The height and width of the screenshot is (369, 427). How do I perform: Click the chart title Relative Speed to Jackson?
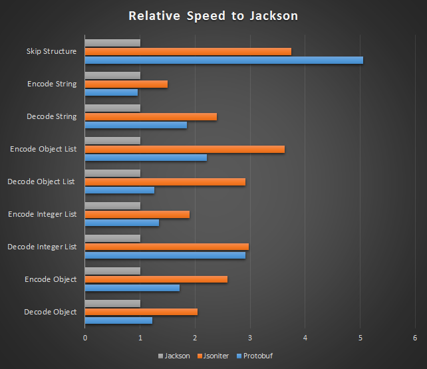click(x=213, y=15)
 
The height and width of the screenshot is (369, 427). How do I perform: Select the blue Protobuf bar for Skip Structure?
click(x=223, y=60)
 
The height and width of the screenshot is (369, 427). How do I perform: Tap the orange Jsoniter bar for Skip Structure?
click(x=188, y=51)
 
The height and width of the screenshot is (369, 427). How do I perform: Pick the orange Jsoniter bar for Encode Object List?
click(x=184, y=149)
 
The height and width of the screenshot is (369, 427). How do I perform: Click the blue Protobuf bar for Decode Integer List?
click(x=165, y=255)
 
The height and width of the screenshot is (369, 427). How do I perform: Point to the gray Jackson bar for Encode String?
click(x=112, y=76)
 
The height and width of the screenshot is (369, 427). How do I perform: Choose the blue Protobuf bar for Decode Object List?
click(x=120, y=190)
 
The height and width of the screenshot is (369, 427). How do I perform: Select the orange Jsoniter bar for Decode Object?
click(x=141, y=312)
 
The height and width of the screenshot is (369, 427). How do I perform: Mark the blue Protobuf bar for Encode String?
click(x=111, y=92)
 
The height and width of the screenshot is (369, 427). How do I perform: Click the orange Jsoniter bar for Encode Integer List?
click(x=137, y=214)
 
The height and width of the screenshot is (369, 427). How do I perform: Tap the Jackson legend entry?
click(x=174, y=356)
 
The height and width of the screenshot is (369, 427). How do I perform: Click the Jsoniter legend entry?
click(x=213, y=356)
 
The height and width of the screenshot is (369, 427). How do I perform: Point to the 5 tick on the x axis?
click(x=360, y=338)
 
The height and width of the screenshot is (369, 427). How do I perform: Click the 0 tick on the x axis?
click(x=85, y=338)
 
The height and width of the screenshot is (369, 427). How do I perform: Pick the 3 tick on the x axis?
click(x=250, y=338)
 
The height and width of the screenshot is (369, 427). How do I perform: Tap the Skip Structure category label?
click(x=51, y=51)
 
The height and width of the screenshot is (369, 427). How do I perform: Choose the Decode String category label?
click(x=51, y=116)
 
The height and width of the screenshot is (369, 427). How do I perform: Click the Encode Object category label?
click(x=51, y=279)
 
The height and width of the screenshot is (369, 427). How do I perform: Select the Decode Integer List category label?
click(x=42, y=247)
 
